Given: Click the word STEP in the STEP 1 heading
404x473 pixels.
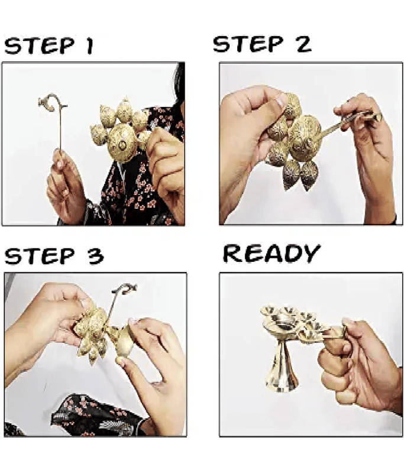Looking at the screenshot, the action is click(x=39, y=46).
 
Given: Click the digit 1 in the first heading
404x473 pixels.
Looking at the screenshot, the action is click(x=89, y=46).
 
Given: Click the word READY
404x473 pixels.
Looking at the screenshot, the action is click(x=272, y=254).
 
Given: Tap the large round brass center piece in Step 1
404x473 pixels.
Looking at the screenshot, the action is click(x=122, y=144).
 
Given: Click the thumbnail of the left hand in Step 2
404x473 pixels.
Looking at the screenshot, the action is click(x=281, y=100).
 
